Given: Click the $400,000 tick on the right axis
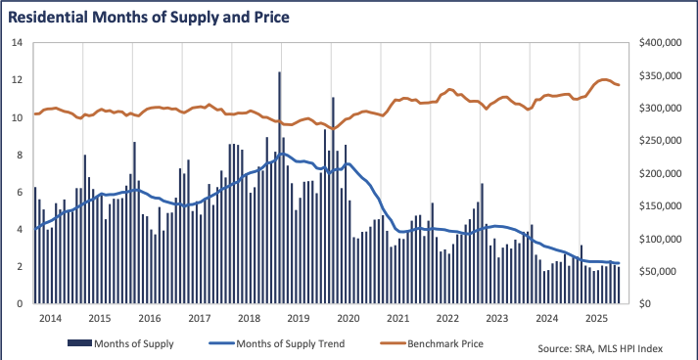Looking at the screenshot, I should coord(659,43).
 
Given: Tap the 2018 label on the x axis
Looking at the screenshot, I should coord(249,319).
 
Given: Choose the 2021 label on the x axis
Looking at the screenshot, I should coord(397,319).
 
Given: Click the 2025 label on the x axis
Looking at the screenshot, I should coord(597,319).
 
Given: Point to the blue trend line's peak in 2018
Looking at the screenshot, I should coord(282,154).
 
